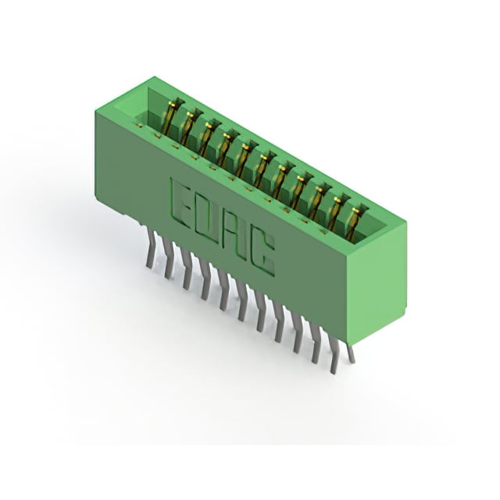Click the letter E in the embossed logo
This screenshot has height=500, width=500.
pos(180,202)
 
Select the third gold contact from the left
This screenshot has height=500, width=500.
pos(207,139)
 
